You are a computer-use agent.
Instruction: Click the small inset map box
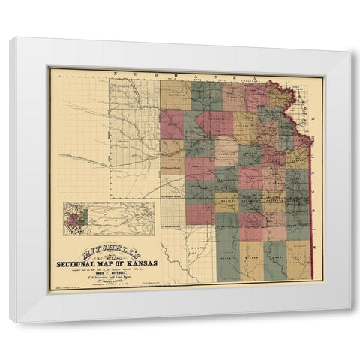point(109,217)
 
